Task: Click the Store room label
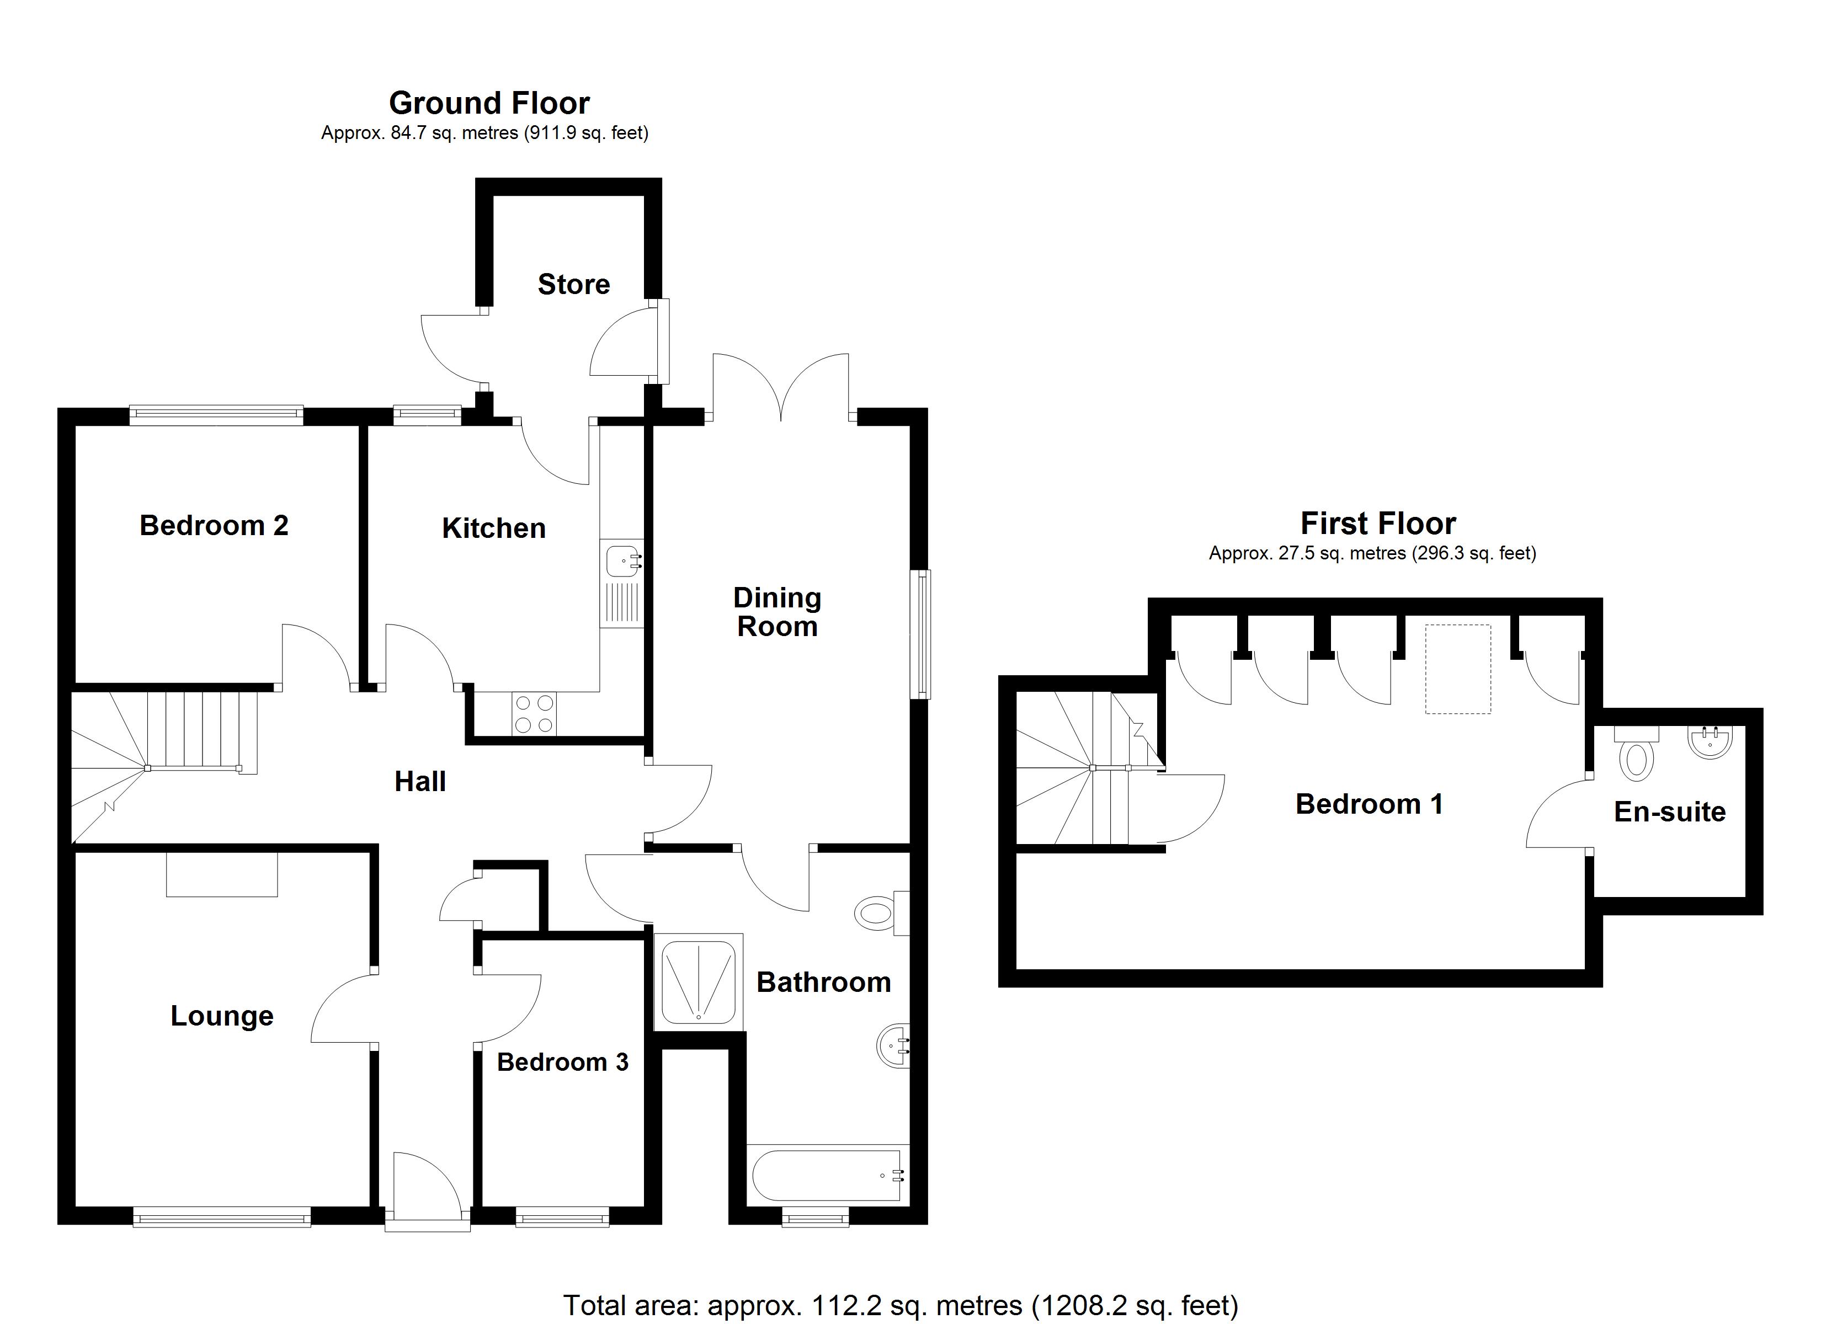click(573, 284)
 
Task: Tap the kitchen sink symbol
click(622, 560)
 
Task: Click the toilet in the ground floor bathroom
click(879, 913)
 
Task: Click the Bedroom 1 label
click(1369, 804)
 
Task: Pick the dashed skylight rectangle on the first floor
click(1457, 669)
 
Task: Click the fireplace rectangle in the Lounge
click(222, 874)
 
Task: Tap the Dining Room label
click(776, 612)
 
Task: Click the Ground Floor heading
click(489, 103)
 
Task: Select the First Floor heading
click(1378, 524)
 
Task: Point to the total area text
click(900, 1305)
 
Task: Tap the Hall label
click(420, 781)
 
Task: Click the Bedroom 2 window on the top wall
click(216, 414)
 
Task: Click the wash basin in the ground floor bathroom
click(893, 1045)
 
